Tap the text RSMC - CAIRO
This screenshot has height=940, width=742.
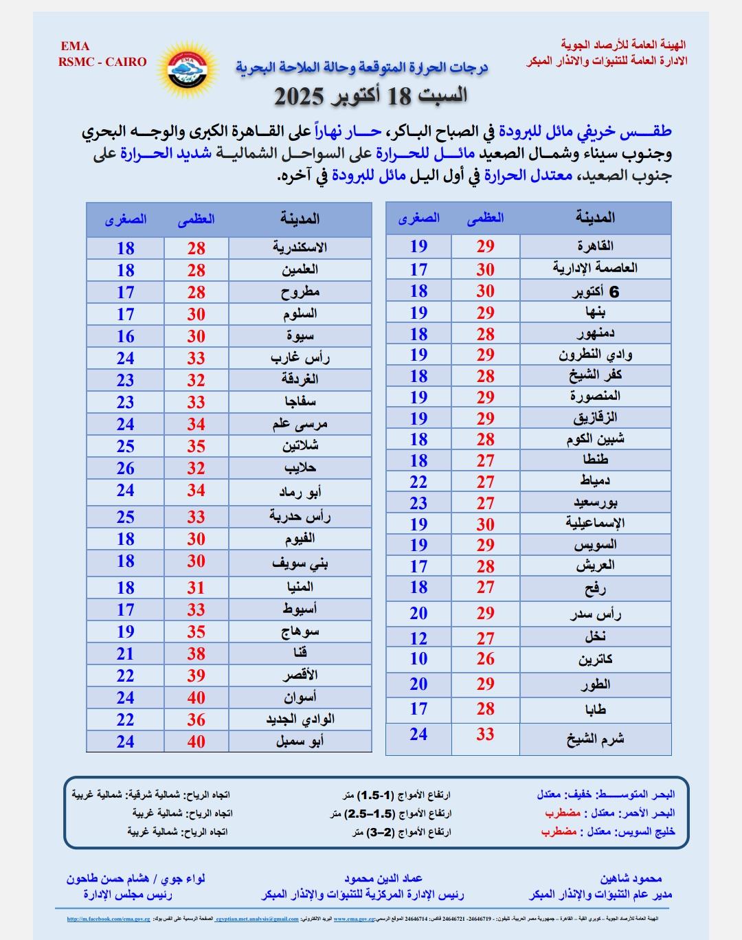[x=102, y=62]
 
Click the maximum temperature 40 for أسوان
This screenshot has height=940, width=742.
[x=196, y=697]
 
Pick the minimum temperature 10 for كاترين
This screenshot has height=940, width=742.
[x=418, y=659]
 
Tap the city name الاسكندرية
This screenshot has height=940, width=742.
[x=300, y=248]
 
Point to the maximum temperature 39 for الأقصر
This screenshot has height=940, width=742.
[x=196, y=675]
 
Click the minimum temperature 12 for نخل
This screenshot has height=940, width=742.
[x=418, y=638]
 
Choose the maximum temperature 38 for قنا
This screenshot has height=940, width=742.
[x=196, y=653]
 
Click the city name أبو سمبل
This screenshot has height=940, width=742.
[x=300, y=741]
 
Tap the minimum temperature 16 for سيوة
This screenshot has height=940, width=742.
[x=125, y=336]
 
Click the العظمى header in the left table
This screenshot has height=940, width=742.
[x=196, y=219]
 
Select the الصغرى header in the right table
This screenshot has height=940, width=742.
[x=418, y=218]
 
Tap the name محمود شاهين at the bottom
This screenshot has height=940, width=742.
[x=631, y=879]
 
